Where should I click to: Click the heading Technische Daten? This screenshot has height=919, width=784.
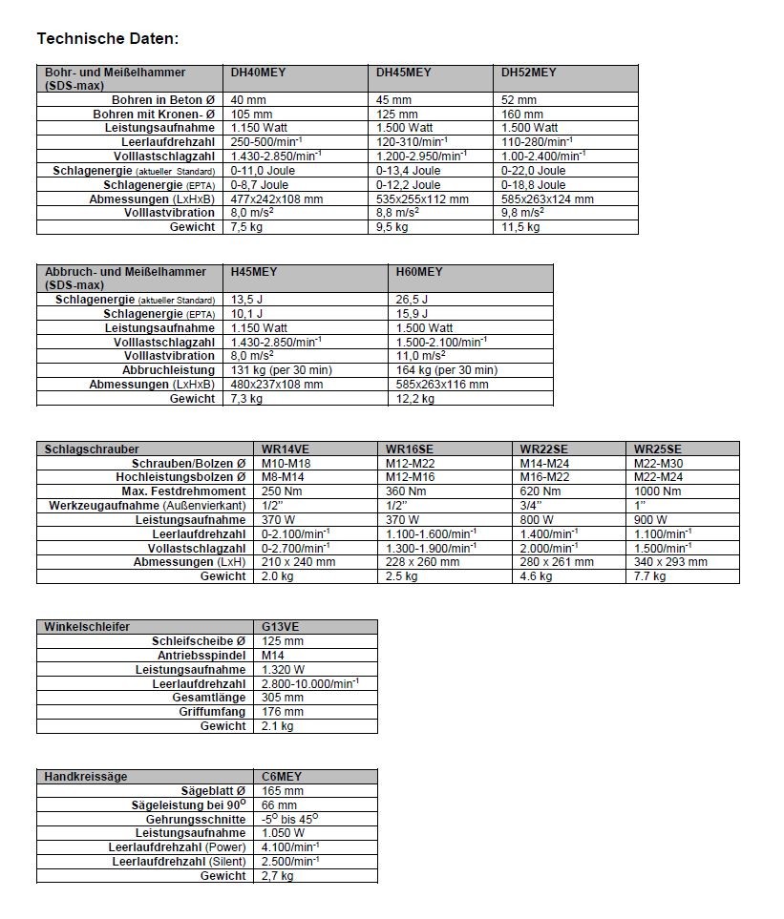point(107,39)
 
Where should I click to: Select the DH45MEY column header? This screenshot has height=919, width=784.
point(403,73)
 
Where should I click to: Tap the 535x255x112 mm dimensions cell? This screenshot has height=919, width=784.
point(422,198)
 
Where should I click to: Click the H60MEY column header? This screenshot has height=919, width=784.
point(419,272)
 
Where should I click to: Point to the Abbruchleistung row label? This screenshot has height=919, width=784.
point(168,370)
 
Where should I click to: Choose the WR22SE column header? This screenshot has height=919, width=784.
point(543,449)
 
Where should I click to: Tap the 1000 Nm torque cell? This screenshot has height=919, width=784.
point(659,491)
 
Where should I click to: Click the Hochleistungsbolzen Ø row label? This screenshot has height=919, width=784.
point(180,477)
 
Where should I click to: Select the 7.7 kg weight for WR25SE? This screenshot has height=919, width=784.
point(649,576)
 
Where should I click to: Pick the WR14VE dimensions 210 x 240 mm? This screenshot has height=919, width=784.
point(298,562)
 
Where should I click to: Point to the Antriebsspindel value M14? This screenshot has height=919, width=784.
point(273,656)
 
